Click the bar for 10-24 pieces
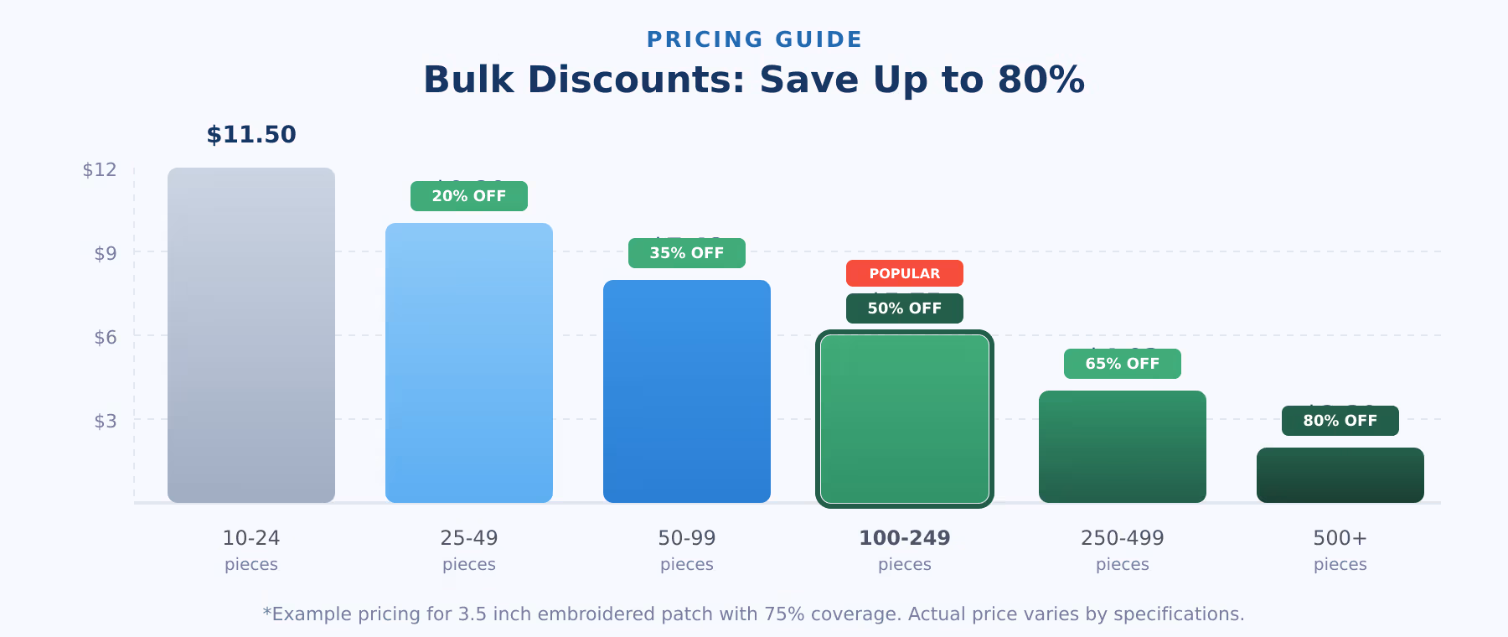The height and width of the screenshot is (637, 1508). (251, 335)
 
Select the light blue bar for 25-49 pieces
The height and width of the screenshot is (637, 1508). (469, 363)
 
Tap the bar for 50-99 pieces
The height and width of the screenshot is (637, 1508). (687, 391)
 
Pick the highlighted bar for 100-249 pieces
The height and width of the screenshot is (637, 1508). (905, 419)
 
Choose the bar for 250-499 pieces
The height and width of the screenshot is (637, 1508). (1123, 447)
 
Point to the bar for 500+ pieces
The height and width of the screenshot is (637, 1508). (1340, 475)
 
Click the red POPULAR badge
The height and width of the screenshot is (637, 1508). (905, 273)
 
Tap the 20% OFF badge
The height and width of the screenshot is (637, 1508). (469, 196)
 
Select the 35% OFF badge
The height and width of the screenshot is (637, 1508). (687, 253)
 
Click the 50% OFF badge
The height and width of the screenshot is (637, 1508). (905, 308)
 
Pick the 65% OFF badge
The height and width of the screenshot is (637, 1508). (1123, 364)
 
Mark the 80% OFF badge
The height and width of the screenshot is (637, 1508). (1340, 421)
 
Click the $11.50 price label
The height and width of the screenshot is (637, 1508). (251, 135)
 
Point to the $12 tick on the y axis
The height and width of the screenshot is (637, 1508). (100, 170)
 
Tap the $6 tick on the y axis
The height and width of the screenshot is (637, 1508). (106, 337)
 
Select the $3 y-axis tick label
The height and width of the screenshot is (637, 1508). (106, 421)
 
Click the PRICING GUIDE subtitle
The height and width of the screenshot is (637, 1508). (754, 39)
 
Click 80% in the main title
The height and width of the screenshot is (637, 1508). (1041, 80)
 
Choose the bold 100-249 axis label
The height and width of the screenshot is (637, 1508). (905, 538)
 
